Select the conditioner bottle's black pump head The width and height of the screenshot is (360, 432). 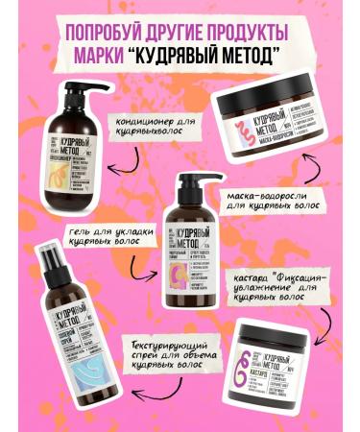(x=75, y=89)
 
